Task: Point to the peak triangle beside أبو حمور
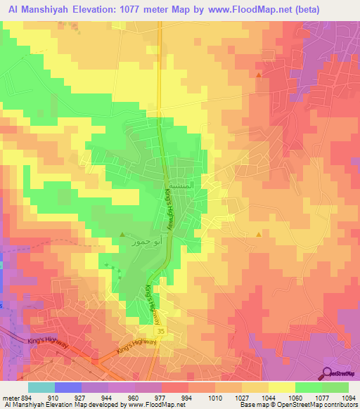coord(122,234)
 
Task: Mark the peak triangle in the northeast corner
coord(259,74)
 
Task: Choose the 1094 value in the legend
coord(347,396)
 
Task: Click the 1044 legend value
coord(267,396)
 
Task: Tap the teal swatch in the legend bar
coord(41,387)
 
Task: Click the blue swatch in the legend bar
coord(67,387)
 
